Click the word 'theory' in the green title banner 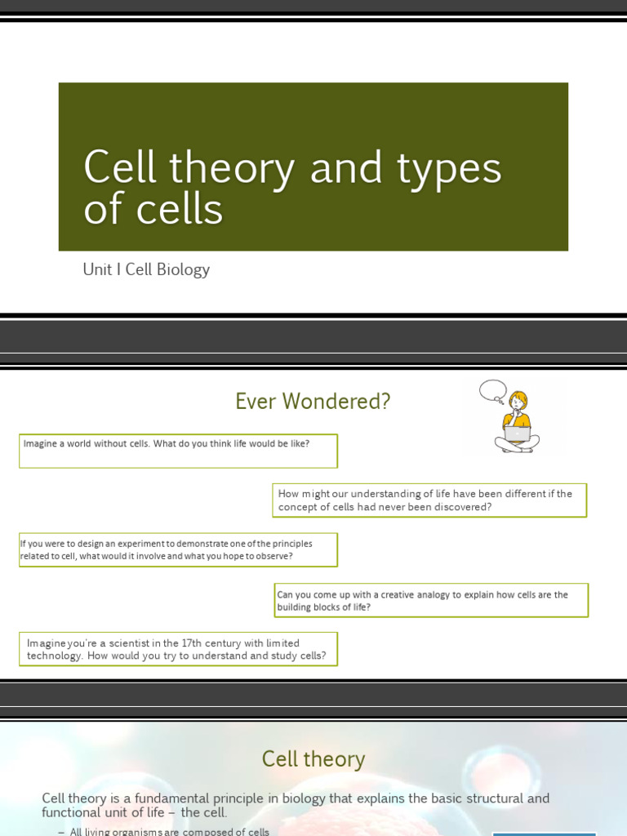231,168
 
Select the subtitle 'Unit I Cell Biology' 146,269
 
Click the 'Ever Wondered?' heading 313,402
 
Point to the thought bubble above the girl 492,390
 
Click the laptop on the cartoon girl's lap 517,434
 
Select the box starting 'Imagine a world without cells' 178,451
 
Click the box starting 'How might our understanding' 429,500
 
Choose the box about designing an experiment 178,549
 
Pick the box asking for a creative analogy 431,600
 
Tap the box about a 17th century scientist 178,649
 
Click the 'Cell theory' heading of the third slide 313,759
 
